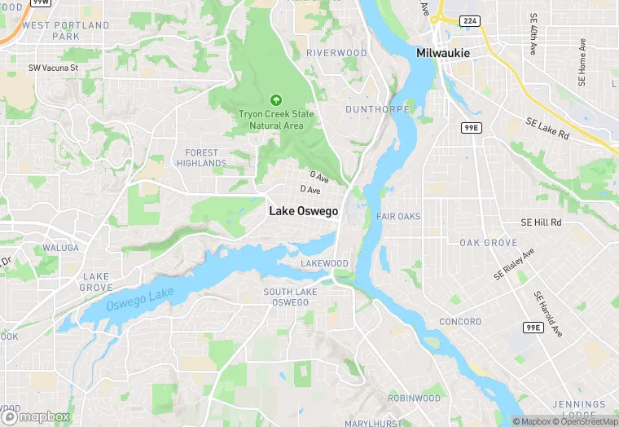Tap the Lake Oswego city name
point(303,210)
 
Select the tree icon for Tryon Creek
point(275,100)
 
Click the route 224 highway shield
point(470,20)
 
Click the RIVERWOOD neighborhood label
point(336,53)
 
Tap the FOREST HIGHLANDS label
point(202,158)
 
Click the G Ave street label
point(318,176)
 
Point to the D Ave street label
point(310,190)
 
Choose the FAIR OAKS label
point(398,216)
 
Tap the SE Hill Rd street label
point(541,222)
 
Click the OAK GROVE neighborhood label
point(488,243)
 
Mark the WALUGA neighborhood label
point(61,248)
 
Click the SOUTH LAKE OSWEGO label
point(290,297)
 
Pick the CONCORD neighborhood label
point(460,322)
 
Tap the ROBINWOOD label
point(414,398)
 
